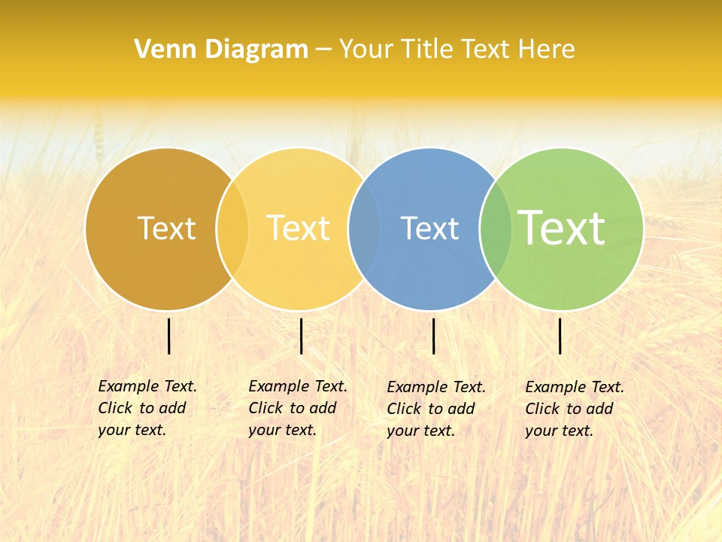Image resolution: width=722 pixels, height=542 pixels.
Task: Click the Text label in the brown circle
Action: click(x=166, y=228)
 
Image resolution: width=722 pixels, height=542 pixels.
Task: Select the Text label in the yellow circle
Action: click(x=299, y=228)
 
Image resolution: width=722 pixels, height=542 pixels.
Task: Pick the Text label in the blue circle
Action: click(x=429, y=228)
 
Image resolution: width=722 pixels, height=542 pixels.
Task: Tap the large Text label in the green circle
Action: click(x=562, y=228)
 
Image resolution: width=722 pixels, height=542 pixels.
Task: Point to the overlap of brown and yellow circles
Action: click(x=232, y=229)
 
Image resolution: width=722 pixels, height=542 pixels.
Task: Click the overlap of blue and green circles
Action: click(x=496, y=229)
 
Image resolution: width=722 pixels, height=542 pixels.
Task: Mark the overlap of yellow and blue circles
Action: click(x=365, y=229)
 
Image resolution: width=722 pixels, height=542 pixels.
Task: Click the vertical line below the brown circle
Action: click(x=169, y=336)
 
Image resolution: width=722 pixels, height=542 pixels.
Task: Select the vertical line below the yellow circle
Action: click(x=301, y=336)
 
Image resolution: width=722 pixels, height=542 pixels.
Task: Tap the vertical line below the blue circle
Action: click(x=434, y=336)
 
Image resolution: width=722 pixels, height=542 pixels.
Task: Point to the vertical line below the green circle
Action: click(x=560, y=336)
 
